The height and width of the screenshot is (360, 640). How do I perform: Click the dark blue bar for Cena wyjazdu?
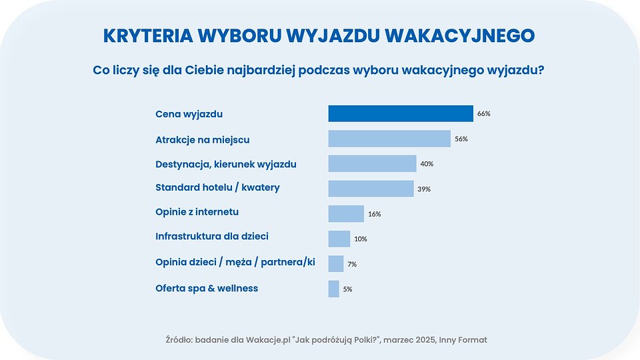coord(401,113)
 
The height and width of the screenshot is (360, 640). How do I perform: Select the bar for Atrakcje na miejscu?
coord(389,139)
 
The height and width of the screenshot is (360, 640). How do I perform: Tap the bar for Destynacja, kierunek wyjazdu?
coord(372,164)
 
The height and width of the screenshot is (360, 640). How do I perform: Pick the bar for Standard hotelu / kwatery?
coord(371,189)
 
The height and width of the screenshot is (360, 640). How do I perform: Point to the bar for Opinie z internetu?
coord(346,213)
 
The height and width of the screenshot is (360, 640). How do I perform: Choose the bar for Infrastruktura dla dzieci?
coord(339,239)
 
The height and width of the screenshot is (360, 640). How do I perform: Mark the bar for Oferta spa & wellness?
coord(334,289)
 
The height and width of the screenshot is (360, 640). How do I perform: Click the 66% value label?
coord(484,114)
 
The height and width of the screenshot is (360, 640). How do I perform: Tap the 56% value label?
coord(461,139)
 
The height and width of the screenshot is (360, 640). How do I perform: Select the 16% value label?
coord(374,214)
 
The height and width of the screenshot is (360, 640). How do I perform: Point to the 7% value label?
coord(352,264)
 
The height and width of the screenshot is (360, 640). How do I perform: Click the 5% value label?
coord(347,289)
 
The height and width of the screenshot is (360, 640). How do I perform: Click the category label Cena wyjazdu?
coord(189,114)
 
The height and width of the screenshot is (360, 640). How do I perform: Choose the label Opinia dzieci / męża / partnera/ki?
coord(235,263)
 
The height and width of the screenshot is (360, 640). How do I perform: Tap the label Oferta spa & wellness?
coord(207,288)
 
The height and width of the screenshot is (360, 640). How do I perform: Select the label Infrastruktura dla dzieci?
coord(212,237)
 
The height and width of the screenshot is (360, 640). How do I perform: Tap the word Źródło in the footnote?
coord(179,340)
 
